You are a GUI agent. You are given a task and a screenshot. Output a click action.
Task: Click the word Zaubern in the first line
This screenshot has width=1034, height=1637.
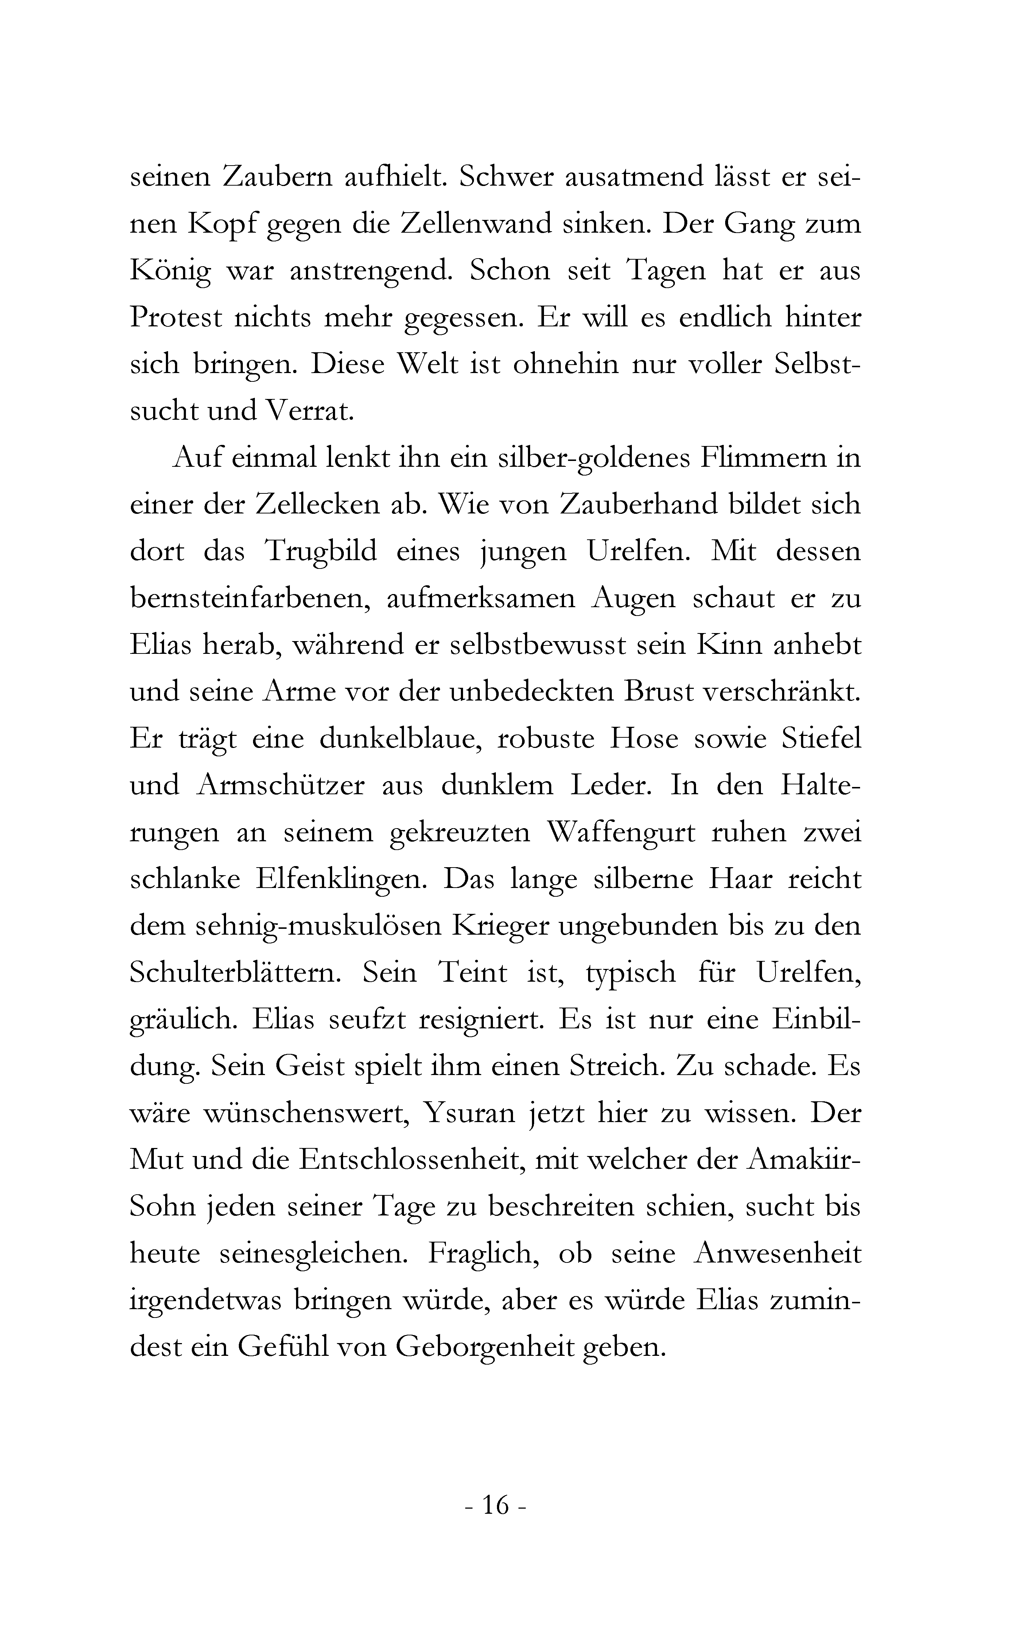pos(279,178)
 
